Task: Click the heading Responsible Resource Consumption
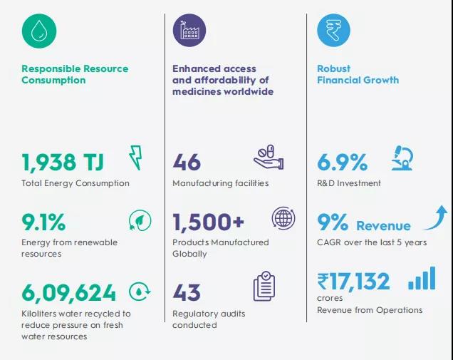click(74, 74)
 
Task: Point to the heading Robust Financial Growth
click(358, 74)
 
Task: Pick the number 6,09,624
click(68, 292)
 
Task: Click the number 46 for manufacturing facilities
click(187, 162)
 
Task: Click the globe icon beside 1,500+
click(283, 217)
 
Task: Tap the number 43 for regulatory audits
click(187, 292)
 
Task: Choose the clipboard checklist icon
click(264, 287)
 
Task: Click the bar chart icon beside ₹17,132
click(422, 279)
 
